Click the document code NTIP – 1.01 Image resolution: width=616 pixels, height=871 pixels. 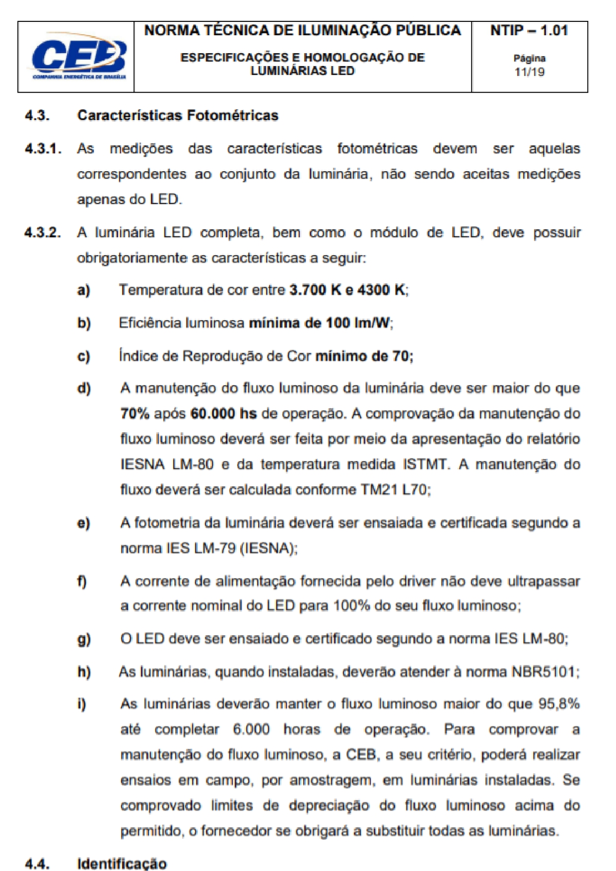point(529,31)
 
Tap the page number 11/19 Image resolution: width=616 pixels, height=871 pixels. point(529,72)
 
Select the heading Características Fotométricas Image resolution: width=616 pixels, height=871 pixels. point(178,116)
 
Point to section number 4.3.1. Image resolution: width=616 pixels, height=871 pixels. point(43,149)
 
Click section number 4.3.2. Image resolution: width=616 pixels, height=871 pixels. point(43,233)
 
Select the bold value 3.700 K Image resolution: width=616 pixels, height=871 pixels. point(315,290)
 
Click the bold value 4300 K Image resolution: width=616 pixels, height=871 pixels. point(381,290)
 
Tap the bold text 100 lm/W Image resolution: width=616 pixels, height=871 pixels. point(358,323)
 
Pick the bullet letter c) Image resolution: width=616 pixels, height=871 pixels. point(84,356)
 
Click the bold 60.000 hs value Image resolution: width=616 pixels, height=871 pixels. point(223,414)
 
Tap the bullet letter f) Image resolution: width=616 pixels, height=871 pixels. point(82,581)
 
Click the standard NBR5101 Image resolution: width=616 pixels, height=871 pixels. point(544,672)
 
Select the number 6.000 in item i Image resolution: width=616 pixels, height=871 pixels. point(251,730)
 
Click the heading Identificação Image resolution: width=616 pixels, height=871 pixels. point(122,864)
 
